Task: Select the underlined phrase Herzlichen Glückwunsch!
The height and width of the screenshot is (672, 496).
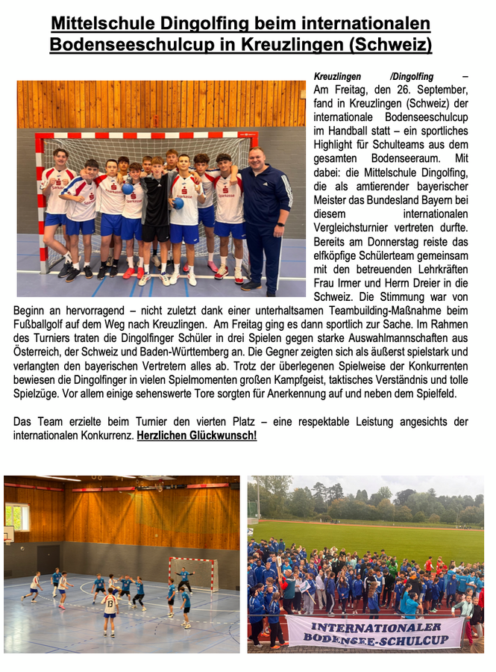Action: click(197, 435)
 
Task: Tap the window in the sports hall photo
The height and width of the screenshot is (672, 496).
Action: click(16, 517)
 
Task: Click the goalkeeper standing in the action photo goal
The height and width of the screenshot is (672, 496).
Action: click(185, 577)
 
